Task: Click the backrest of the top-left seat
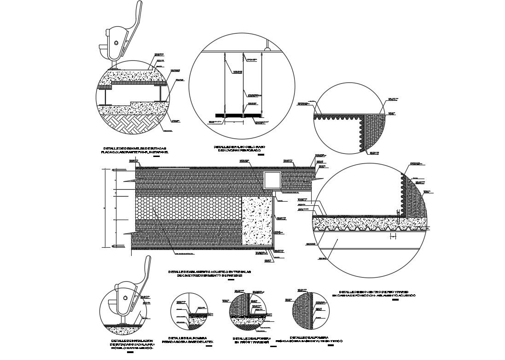coord(141,18)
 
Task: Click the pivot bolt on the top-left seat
coord(116,43)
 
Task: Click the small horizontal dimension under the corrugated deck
coord(392,237)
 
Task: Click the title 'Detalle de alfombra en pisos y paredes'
coord(251,340)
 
